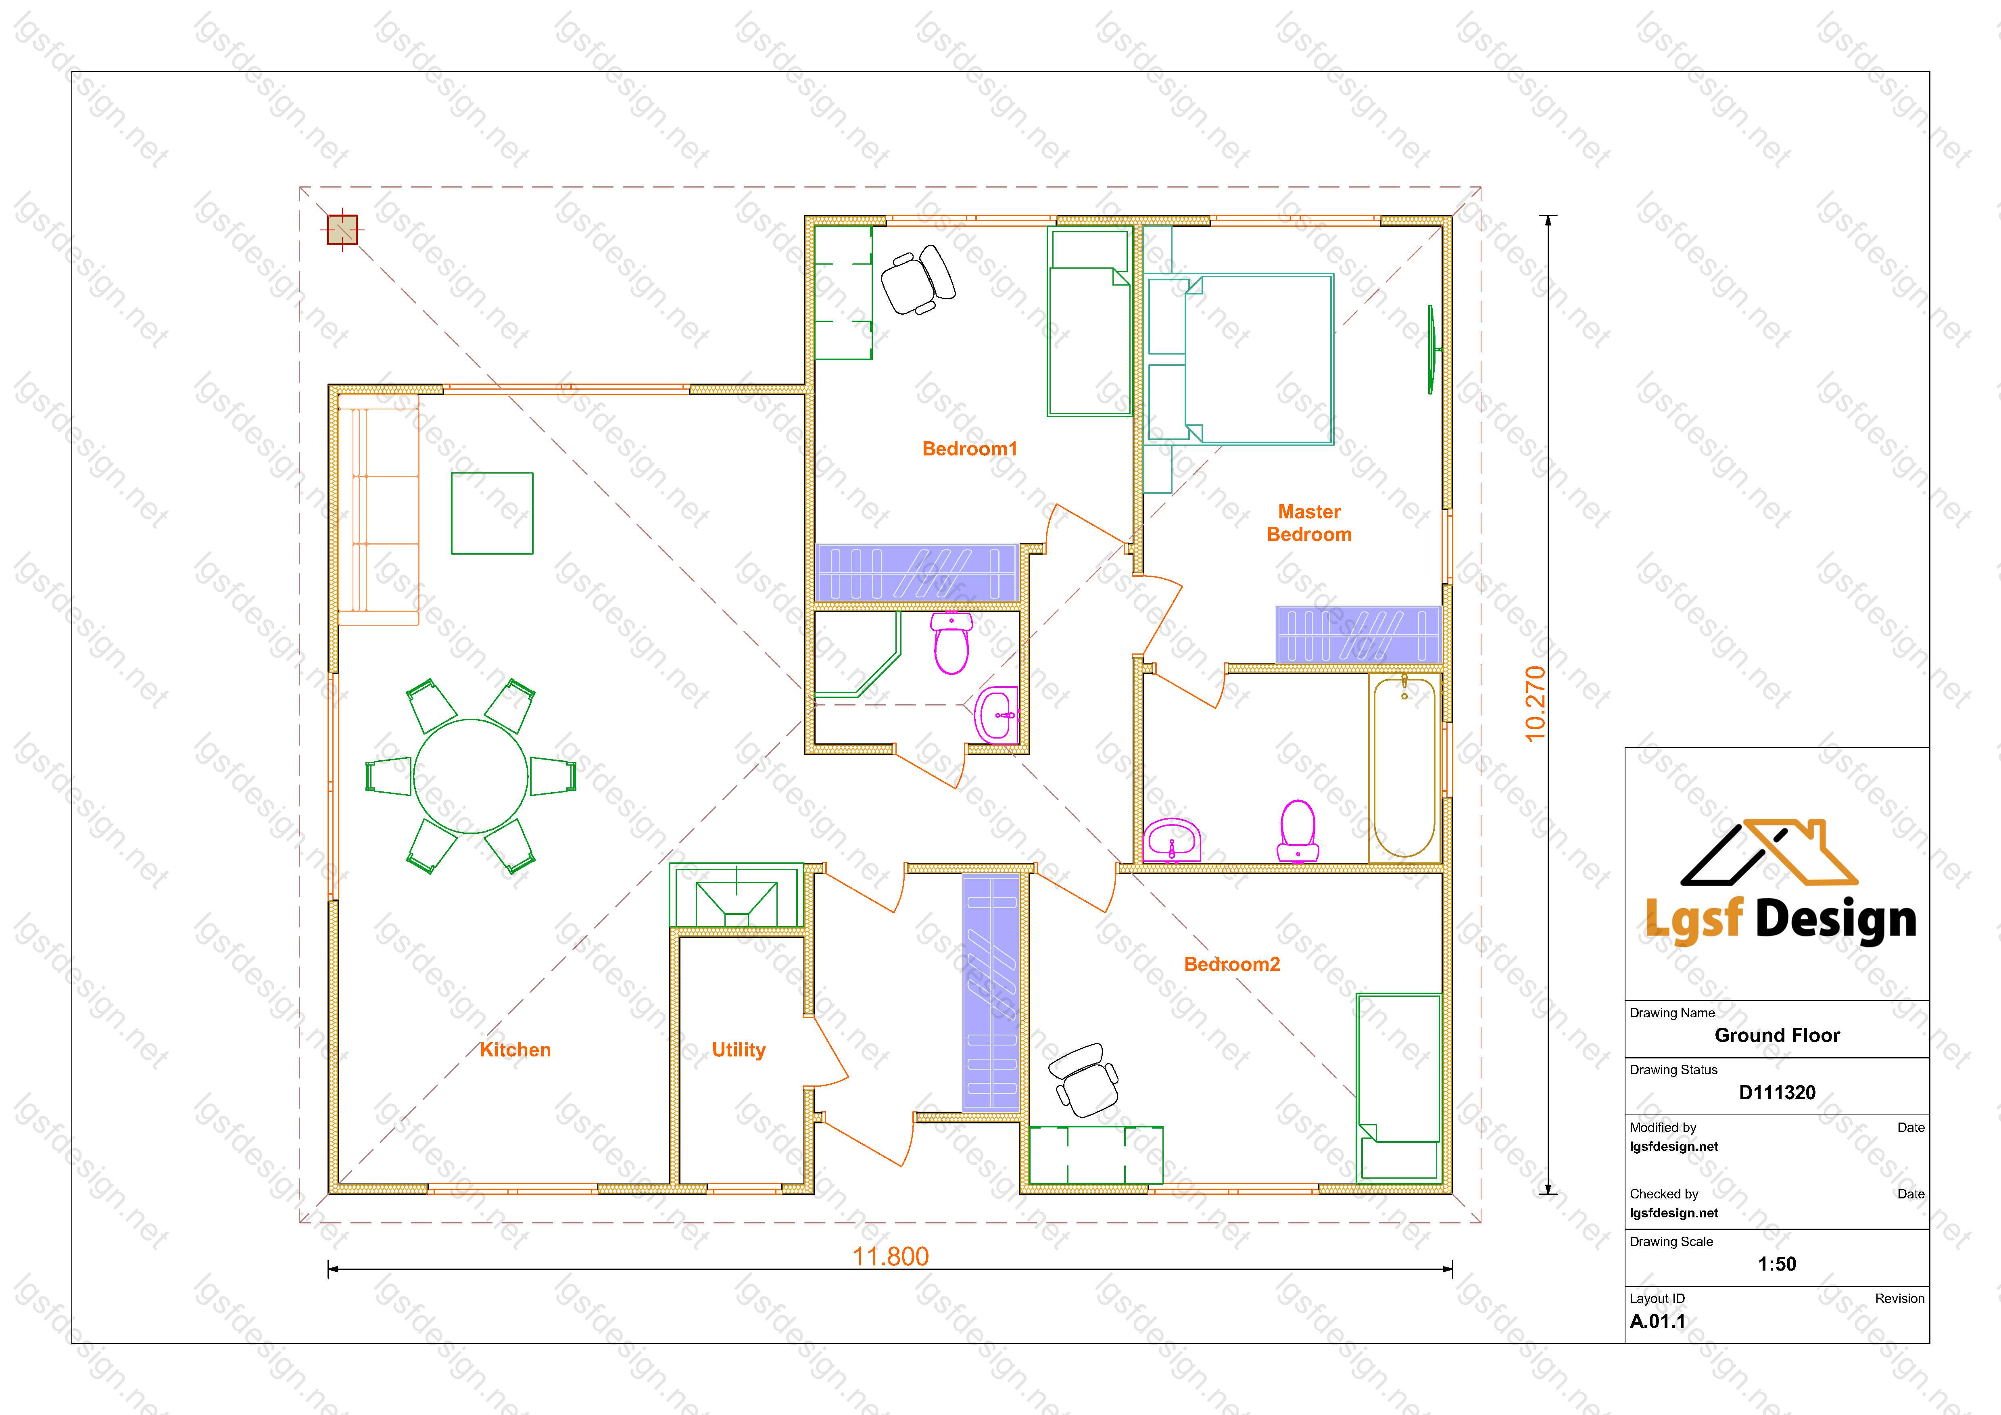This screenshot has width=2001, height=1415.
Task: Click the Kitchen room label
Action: coord(515,1050)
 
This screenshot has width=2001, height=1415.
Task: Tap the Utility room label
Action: coord(738,1050)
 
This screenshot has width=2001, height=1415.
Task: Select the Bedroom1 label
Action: coord(969,449)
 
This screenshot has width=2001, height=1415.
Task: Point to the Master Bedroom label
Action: coord(1309,523)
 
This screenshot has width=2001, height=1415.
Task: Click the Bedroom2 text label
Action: coord(1231,964)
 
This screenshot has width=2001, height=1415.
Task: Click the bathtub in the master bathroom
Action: coord(1403,767)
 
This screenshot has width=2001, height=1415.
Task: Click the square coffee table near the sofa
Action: coord(492,513)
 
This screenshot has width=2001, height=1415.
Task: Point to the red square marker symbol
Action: coord(342,230)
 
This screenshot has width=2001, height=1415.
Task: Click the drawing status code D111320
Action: coord(1777,1093)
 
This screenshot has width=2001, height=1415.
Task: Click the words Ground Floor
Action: coord(1777,1035)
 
